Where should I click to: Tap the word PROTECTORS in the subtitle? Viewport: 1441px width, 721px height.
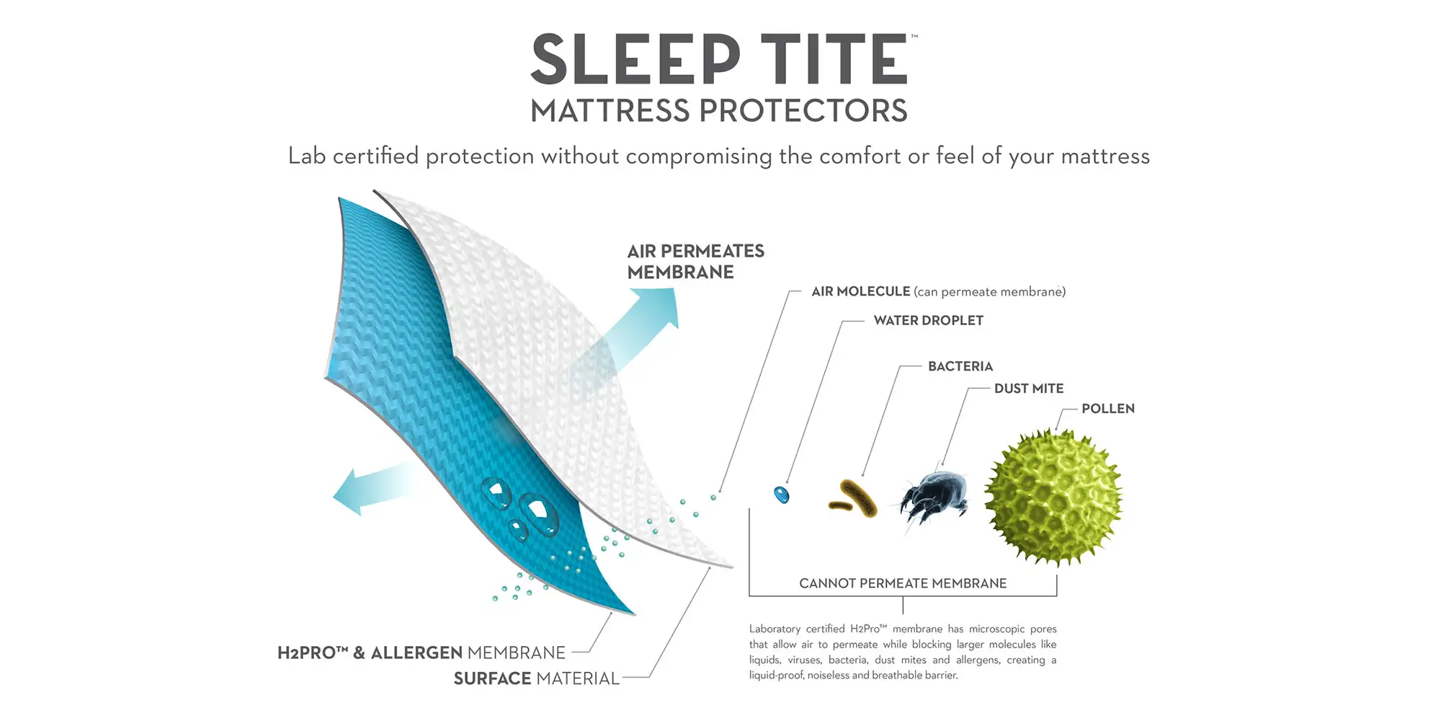pyautogui.click(x=803, y=111)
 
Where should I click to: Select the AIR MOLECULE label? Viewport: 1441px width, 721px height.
pyautogui.click(x=861, y=291)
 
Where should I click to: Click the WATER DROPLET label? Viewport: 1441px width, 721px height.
pyautogui.click(x=929, y=320)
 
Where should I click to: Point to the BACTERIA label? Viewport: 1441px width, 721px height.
pyautogui.click(x=960, y=366)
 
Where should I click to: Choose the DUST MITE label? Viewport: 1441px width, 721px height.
pyautogui.click(x=1029, y=389)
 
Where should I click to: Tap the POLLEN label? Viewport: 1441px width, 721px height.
pyautogui.click(x=1108, y=409)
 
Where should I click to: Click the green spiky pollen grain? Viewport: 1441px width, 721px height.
pyautogui.click(x=1054, y=497)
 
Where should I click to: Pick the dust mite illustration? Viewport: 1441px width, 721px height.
pyautogui.click(x=933, y=497)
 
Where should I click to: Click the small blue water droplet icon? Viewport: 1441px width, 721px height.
pyautogui.click(x=782, y=495)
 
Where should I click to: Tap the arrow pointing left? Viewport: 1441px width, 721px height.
pyautogui.click(x=375, y=487)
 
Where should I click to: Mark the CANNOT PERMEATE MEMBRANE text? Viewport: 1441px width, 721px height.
pyautogui.click(x=903, y=583)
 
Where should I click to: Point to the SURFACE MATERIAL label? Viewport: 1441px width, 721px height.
pyautogui.click(x=537, y=678)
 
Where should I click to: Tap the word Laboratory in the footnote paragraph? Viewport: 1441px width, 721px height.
pyautogui.click(x=775, y=629)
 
